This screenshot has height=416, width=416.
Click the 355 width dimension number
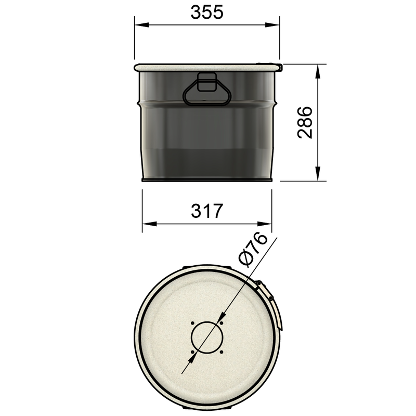point(206,12)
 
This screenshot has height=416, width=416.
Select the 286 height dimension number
point(304,123)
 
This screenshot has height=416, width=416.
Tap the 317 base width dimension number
point(207,211)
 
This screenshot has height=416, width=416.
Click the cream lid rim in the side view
point(207,67)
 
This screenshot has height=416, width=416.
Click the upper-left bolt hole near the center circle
point(192,323)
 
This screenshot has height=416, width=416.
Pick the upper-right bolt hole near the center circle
point(222,323)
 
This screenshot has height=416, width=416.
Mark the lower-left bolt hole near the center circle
point(192,352)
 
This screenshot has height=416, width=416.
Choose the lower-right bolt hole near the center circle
point(222,352)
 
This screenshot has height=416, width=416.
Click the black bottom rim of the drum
point(207,180)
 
